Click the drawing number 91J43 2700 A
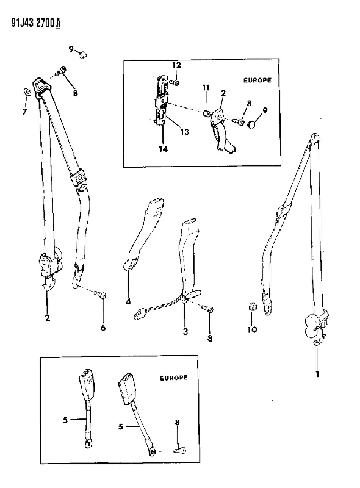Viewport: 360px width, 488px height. tap(36, 23)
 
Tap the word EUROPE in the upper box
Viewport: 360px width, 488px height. tap(257, 80)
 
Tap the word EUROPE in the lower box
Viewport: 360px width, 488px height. tap(174, 378)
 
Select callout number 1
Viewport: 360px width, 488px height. tap(317, 373)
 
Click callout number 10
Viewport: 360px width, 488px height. tap(252, 329)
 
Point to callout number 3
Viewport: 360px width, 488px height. tap(185, 331)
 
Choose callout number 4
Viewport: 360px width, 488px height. tap(128, 301)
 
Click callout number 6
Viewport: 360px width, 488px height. tap(103, 328)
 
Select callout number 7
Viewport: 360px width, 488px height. tap(25, 112)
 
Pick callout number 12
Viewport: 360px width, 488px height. tap(176, 65)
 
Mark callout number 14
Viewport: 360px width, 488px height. tap(163, 149)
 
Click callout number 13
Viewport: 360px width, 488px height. tap(185, 132)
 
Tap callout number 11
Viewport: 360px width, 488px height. tap(206, 88)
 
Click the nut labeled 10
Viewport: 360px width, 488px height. tap(253, 307)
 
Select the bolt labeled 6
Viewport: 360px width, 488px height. tap(101, 293)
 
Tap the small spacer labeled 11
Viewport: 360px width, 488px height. tap(206, 113)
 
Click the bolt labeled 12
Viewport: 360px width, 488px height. tap(175, 82)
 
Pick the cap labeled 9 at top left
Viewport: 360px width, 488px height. tap(83, 56)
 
